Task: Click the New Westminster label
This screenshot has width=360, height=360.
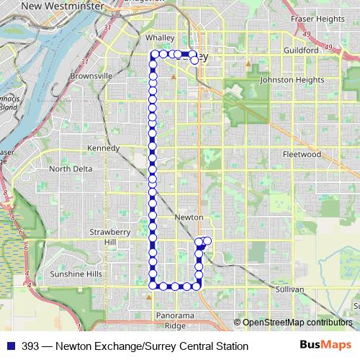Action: tap(61, 6)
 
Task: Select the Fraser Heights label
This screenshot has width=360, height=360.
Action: tap(317, 18)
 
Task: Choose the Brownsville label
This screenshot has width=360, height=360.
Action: tap(91, 75)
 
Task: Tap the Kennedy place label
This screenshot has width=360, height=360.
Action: tap(103, 148)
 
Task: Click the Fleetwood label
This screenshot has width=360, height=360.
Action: tap(302, 154)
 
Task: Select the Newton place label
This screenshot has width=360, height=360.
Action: tap(189, 217)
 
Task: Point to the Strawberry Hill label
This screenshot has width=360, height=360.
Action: tap(109, 237)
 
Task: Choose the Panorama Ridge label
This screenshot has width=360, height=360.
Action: tap(176, 320)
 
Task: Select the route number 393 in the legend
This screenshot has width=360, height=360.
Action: tap(31, 346)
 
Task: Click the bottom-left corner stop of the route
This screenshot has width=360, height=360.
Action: tap(153, 286)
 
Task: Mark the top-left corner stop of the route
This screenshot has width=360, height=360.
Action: tap(153, 54)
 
